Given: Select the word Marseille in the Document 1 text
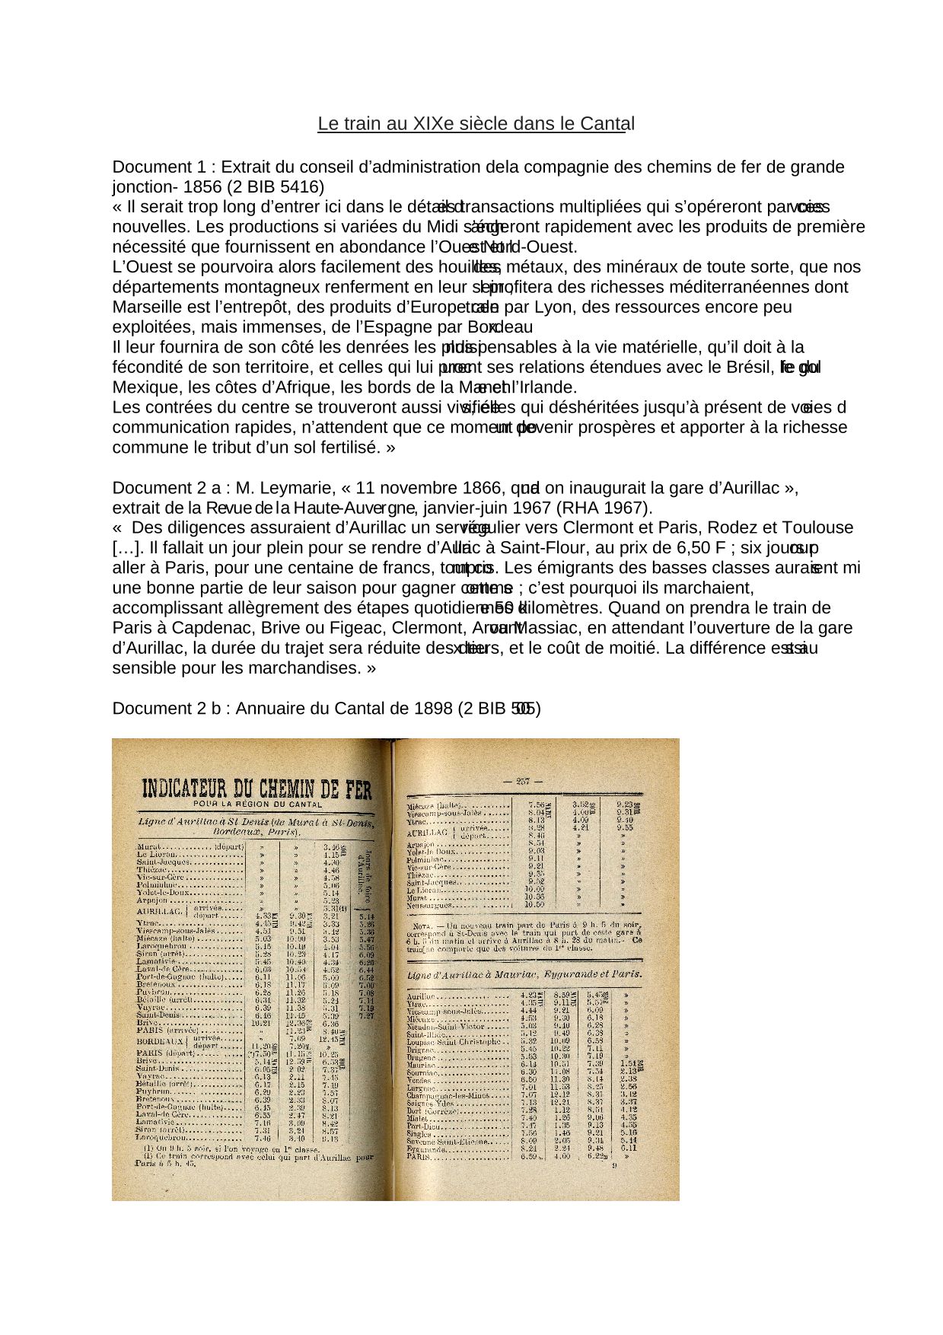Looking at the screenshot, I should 146,307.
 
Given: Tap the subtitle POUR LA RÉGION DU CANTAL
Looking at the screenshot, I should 257,805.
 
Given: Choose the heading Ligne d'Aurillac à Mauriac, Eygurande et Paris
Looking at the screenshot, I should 525,976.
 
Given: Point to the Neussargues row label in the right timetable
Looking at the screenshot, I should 432,906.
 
